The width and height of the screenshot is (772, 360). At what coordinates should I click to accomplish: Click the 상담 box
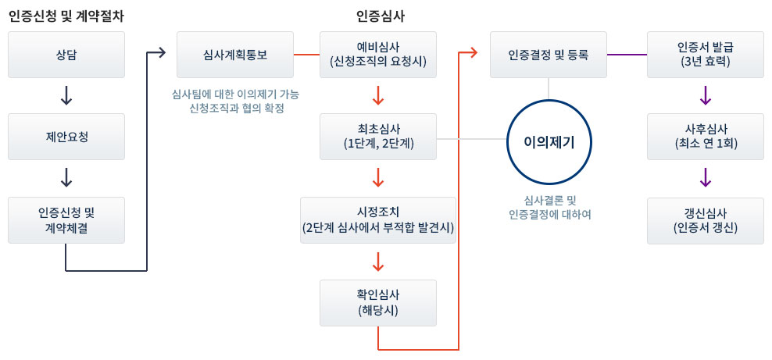[66, 55]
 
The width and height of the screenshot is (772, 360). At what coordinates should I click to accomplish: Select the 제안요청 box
[66, 137]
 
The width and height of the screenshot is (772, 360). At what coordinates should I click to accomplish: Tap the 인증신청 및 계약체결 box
[66, 220]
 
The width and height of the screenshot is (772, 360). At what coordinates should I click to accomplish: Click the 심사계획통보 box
[235, 55]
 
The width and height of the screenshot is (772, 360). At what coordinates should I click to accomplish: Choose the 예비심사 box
[378, 55]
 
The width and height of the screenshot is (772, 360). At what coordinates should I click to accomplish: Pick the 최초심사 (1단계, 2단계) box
[378, 137]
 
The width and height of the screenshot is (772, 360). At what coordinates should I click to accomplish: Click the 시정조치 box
[378, 220]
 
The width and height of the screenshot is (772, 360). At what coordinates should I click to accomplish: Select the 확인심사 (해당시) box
[378, 303]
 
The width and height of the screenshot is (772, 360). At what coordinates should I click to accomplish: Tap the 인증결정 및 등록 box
[549, 55]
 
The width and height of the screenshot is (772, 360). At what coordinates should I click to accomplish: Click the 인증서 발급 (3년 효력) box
[705, 55]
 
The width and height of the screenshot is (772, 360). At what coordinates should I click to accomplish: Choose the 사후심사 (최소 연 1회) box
[705, 137]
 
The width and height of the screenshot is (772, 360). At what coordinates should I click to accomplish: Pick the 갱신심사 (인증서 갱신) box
[705, 220]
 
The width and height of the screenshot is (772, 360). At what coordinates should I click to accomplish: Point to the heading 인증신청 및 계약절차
[66, 16]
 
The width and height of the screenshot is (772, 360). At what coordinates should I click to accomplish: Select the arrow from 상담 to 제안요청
[66, 95]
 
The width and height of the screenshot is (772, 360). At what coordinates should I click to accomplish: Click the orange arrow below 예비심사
[378, 95]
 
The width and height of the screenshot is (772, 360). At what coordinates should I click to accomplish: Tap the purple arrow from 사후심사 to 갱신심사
[705, 177]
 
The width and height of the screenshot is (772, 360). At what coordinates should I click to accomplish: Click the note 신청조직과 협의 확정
[236, 109]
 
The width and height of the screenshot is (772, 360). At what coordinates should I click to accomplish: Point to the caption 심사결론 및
[549, 200]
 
